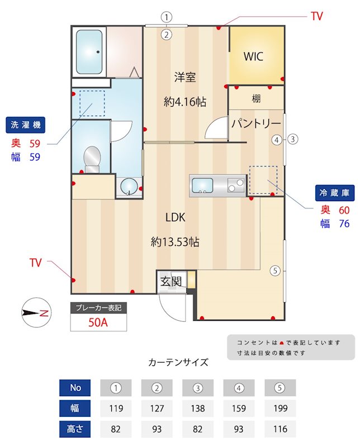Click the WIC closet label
[x=253, y=56]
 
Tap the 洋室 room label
[x=184, y=78]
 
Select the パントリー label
[x=255, y=123]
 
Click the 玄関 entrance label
[x=171, y=281]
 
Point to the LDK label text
[x=175, y=218]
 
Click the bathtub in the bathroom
[x=89, y=51]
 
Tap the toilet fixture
[x=91, y=158]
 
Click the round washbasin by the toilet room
[x=129, y=186]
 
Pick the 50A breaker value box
[x=98, y=322]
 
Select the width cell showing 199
[x=280, y=408]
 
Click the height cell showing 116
[x=280, y=429]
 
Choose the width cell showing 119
[x=116, y=408]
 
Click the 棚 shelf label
[x=256, y=99]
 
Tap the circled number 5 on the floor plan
[x=274, y=271]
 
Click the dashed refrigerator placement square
[x=263, y=180]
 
